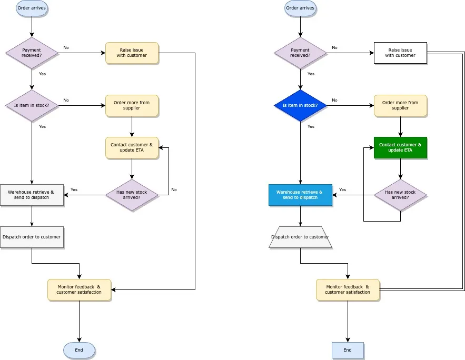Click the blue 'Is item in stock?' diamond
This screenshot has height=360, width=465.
(300, 105)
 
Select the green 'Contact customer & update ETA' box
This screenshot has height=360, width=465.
(400, 147)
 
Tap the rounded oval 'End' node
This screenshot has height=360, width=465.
(79, 350)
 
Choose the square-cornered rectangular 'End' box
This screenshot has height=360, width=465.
(348, 350)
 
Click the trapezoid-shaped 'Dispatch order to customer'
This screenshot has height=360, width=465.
(300, 237)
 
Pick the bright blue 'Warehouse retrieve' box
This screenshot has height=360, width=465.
(300, 195)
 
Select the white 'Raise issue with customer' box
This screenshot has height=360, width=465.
(400, 53)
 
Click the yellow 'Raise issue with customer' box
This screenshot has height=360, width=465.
(132, 53)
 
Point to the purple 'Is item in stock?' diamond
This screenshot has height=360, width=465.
(32, 105)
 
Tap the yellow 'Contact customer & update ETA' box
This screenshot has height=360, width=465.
(132, 147)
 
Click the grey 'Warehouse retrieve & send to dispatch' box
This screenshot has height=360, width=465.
(32, 195)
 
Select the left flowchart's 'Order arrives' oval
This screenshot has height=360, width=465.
(32, 8)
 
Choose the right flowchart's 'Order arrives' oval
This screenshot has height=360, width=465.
(300, 8)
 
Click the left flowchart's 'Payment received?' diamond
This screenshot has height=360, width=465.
(32, 53)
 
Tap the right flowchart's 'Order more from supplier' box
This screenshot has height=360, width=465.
(400, 105)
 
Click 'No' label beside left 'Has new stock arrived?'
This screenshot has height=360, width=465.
(174, 189)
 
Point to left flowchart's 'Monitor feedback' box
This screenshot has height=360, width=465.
(79, 289)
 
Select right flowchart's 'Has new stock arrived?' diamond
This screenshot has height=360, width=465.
(400, 195)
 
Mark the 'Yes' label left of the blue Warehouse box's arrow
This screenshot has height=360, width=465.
(342, 189)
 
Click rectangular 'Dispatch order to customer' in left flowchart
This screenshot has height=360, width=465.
(32, 237)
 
